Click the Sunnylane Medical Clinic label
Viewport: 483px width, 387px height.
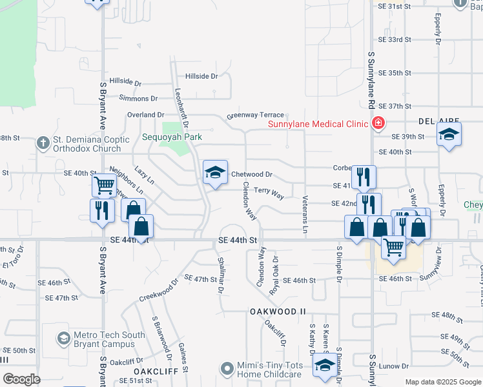coord(318,124)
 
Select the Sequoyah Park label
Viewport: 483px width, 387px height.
coord(172,137)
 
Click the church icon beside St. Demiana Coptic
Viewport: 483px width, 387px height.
coord(43,143)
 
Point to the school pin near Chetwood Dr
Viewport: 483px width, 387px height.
coord(216,172)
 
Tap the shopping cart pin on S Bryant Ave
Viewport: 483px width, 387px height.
coord(103,186)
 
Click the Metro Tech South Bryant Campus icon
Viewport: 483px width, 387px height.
coord(63,337)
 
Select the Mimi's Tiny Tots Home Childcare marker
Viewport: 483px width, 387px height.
coord(226,369)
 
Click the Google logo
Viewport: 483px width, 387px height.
coord(21,379)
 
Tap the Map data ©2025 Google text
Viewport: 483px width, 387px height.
coord(442,382)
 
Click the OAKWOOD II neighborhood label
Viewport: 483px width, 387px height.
coord(278,312)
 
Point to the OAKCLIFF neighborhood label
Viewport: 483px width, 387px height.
coord(156,372)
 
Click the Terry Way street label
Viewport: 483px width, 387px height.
coord(269,192)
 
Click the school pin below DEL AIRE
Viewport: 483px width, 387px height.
coord(449,135)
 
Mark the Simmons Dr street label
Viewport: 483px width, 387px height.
coord(138,98)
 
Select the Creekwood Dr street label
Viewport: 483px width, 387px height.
coord(158,291)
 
